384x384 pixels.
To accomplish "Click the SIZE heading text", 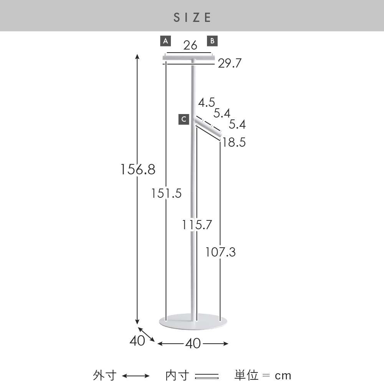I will [x=192, y=17].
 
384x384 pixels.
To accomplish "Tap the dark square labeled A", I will [x=166, y=41].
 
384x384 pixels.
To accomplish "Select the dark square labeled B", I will [x=212, y=41].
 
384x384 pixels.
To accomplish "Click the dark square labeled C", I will [x=184, y=119].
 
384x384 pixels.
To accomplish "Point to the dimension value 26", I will [x=190, y=45].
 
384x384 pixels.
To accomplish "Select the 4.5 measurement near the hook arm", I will [x=207, y=103].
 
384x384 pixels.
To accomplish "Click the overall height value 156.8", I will [x=138, y=169].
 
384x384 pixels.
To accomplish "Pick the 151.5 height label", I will [x=166, y=194].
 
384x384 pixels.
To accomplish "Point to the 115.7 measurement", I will [x=197, y=225].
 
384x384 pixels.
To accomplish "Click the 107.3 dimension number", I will [x=220, y=252].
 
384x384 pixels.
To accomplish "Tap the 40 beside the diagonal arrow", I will [x=137, y=341].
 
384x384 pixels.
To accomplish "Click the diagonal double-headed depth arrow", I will [x=146, y=334].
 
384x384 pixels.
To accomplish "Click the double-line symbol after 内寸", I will [x=207, y=376].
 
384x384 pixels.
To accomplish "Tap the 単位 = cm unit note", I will [x=263, y=375].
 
